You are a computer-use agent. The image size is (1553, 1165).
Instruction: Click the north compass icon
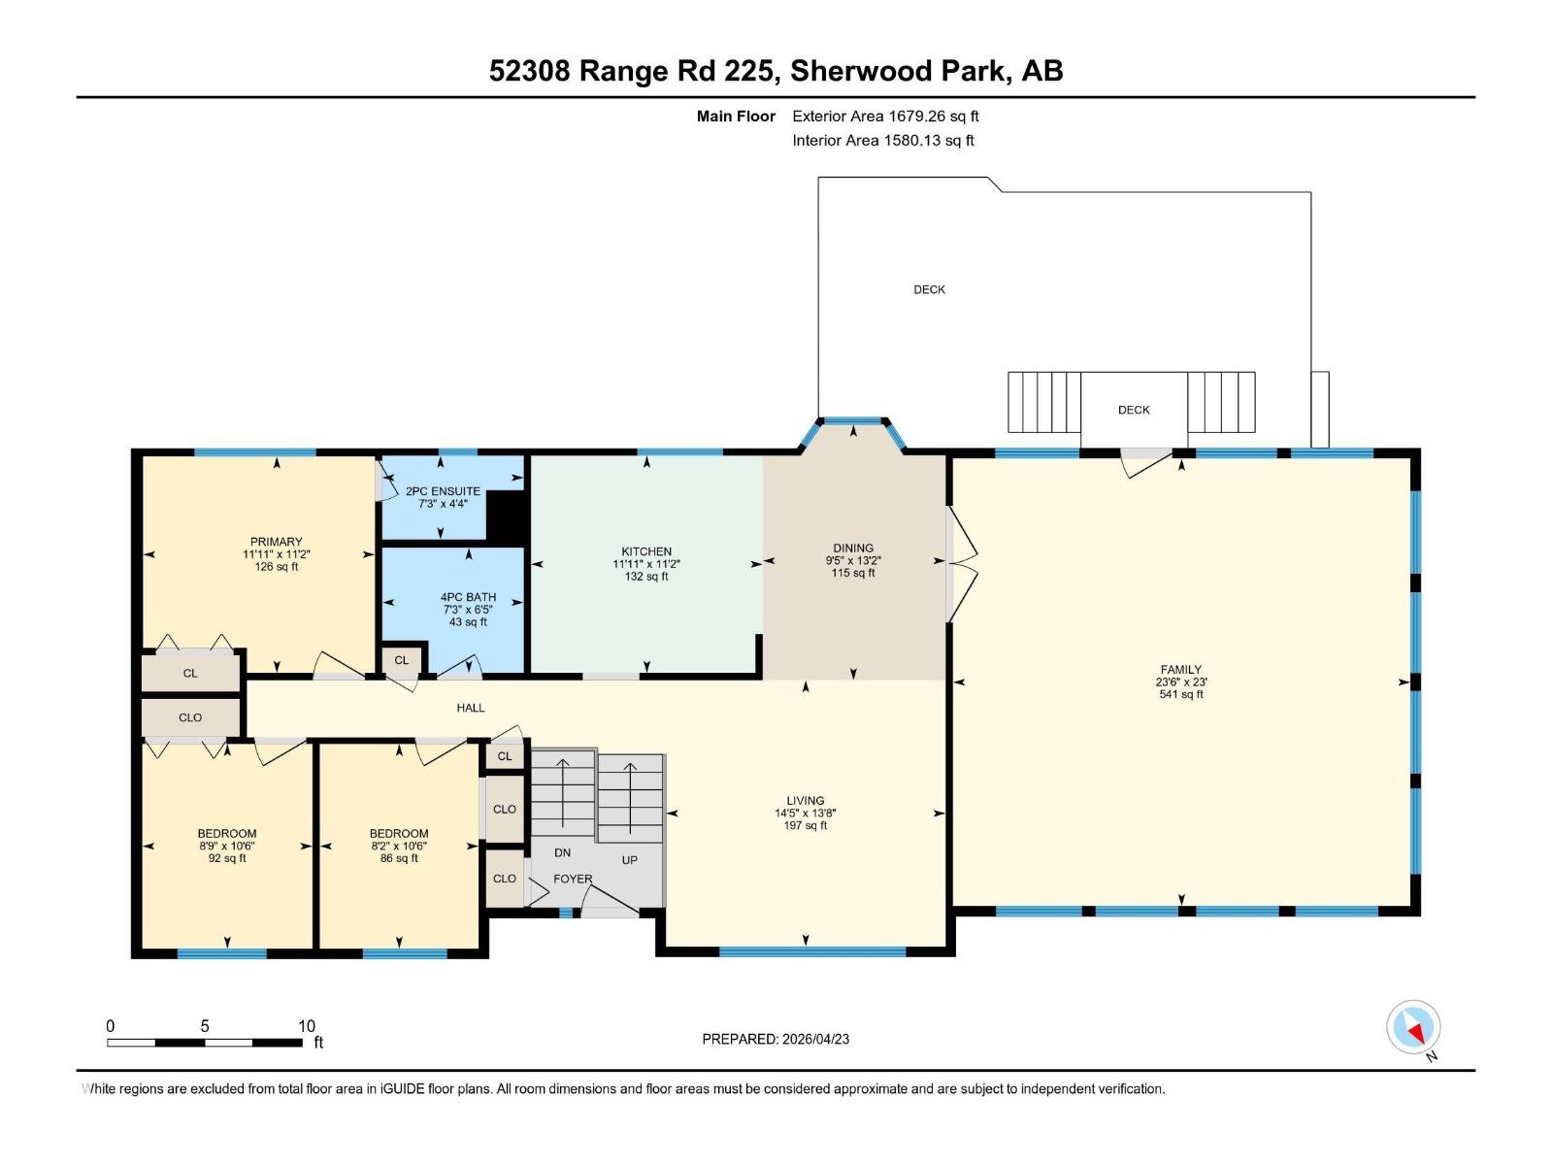1413,1027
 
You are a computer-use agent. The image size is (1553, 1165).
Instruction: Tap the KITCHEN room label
646,551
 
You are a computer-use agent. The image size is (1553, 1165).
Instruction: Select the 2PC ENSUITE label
443,491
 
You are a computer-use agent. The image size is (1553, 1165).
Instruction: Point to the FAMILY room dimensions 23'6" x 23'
1181,682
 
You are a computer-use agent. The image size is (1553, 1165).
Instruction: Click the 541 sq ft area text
1181,695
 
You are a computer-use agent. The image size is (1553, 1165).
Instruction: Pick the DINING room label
853,548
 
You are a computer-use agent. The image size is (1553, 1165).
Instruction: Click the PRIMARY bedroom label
277,542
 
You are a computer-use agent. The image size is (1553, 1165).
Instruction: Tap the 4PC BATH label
468,597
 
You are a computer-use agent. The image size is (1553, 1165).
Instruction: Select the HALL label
471,708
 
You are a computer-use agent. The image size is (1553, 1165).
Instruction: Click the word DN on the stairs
562,852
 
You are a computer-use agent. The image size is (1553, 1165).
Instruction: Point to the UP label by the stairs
630,860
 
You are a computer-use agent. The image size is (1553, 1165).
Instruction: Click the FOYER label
573,879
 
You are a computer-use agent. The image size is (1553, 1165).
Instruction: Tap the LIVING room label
806,801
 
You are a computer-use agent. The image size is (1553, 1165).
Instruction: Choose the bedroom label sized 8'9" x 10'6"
227,833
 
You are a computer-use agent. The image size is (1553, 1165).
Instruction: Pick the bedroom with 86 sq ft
399,833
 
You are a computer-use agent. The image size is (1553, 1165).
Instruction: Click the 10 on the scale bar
307,1026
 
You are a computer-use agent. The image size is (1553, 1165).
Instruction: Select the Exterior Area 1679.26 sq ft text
885,116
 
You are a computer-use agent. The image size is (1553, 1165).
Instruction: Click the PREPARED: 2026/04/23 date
776,1039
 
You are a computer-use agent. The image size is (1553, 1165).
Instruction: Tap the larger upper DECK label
929,289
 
